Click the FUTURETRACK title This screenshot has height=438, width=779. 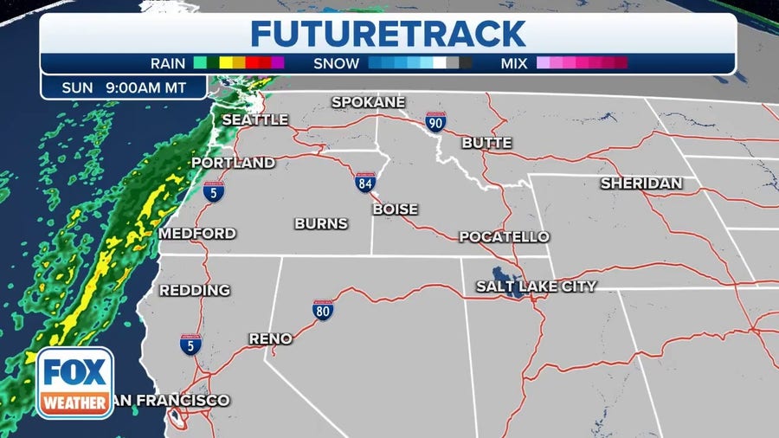pyautogui.click(x=388, y=34)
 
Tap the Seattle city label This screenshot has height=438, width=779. pyautogui.click(x=254, y=119)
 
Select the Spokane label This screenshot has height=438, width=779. pyautogui.click(x=368, y=102)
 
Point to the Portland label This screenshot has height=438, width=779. pyautogui.click(x=233, y=163)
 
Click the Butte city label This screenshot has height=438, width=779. pyautogui.click(x=486, y=143)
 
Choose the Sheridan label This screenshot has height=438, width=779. pyautogui.click(x=641, y=184)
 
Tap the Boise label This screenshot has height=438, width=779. pyautogui.click(x=395, y=209)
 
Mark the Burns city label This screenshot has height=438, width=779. pyautogui.click(x=321, y=223)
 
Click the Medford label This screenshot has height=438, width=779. pyautogui.click(x=197, y=234)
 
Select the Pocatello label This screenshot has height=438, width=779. pyautogui.click(x=504, y=236)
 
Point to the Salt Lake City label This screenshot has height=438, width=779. pyautogui.click(x=536, y=286)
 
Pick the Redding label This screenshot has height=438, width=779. pyautogui.click(x=195, y=290)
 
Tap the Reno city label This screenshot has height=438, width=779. pyautogui.click(x=270, y=338)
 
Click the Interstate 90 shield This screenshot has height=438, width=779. pyautogui.click(x=435, y=122)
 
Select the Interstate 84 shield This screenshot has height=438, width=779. pyautogui.click(x=365, y=183)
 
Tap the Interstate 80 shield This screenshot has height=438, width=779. pyautogui.click(x=324, y=310)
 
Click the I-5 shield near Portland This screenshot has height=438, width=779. pyautogui.click(x=214, y=191)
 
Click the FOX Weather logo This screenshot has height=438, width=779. pyautogui.click(x=74, y=381)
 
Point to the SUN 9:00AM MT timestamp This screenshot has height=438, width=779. pyautogui.click(x=124, y=87)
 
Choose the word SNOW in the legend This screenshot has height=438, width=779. pyautogui.click(x=338, y=63)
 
